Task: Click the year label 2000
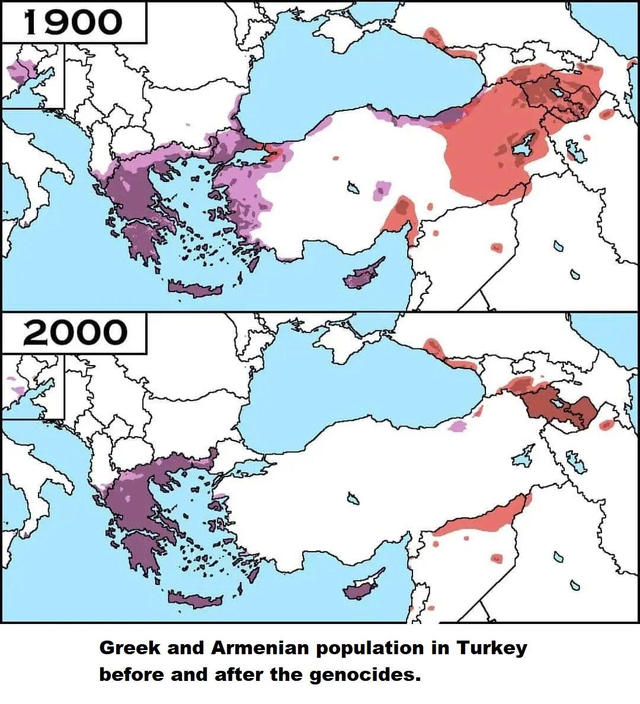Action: (75, 333)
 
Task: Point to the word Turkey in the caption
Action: (491, 648)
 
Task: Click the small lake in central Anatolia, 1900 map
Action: (354, 188)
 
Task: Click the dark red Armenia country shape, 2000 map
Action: (563, 408)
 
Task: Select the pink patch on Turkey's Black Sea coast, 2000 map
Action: (457, 425)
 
